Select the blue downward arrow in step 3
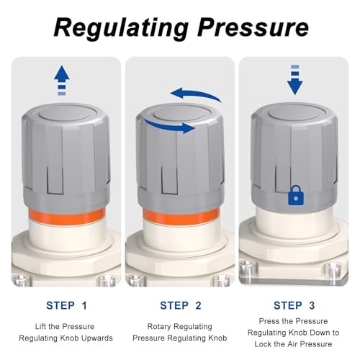point(294,84)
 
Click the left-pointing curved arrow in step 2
point(195,95)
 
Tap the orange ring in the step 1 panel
point(67,217)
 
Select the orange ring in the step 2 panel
point(179,217)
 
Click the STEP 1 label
point(66,305)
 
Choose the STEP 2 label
point(179,305)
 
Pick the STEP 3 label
point(292,305)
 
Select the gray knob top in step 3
point(294,116)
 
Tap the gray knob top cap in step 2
point(179,114)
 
